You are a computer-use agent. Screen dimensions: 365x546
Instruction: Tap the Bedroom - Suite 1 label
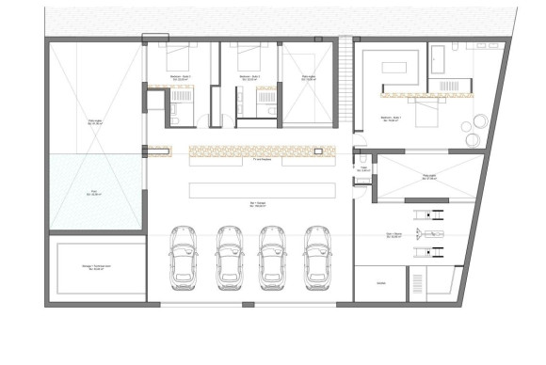coord(392,118)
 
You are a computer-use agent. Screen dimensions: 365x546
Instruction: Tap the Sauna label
coord(382,281)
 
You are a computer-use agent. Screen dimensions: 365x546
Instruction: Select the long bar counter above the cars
coord(262,190)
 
